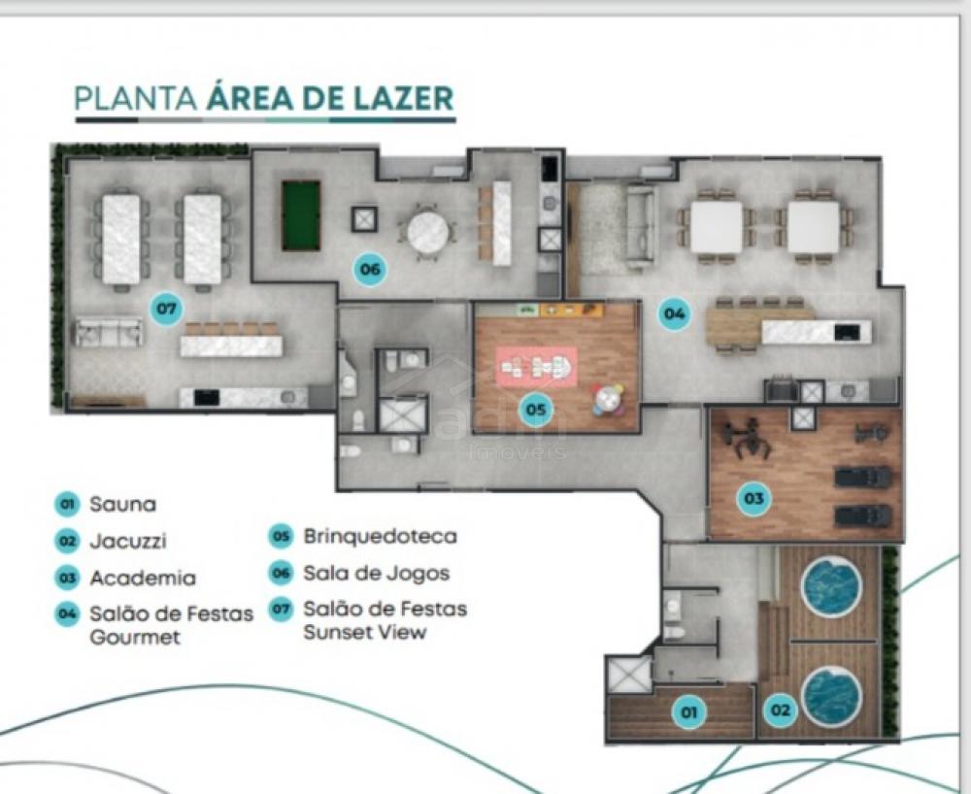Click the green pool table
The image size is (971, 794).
click(x=301, y=215)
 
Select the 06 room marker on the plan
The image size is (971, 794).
click(x=370, y=269)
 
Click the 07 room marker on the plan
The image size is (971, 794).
click(x=167, y=309)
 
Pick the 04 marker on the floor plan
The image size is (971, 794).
click(x=675, y=314)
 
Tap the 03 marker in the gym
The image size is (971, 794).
click(x=753, y=498)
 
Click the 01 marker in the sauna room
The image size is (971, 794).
click(x=688, y=712)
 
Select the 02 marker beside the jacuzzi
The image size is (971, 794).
click(x=781, y=710)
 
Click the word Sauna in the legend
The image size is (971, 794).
click(x=123, y=505)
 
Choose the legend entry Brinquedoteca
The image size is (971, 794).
click(x=380, y=536)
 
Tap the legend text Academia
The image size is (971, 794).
click(x=143, y=578)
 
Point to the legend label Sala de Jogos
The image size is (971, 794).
click(x=376, y=574)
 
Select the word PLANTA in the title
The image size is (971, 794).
click(x=136, y=99)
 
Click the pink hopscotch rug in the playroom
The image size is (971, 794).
click(x=536, y=368)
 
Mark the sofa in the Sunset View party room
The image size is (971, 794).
click(x=109, y=332)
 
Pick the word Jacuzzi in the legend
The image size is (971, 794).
click(x=128, y=542)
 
